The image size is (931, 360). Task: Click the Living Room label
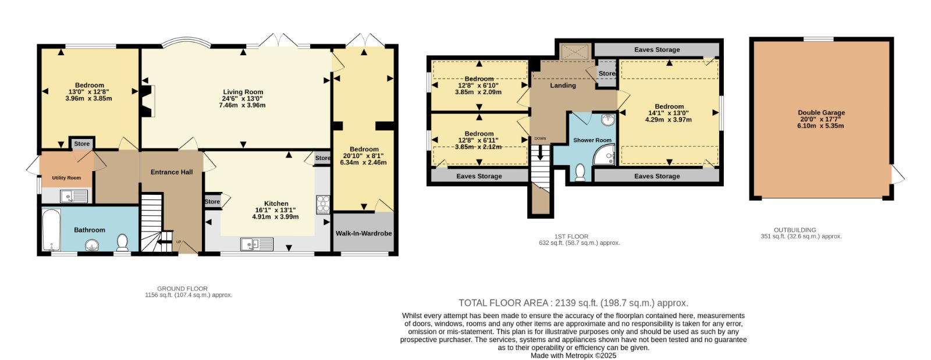pos(243,92)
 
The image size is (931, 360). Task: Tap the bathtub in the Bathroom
pos(52,230)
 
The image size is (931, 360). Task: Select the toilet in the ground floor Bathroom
pos(122,243)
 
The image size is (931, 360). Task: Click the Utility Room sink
pos(74,196)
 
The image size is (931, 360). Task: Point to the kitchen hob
pos(323,205)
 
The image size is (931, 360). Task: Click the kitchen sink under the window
pos(257,244)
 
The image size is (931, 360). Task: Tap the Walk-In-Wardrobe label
pos(364,233)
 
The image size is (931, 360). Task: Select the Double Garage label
pos(821,112)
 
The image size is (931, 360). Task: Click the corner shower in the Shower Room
pos(604,155)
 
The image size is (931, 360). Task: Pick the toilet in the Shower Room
pos(580,172)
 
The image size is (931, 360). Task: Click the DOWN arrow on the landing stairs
pos(541,152)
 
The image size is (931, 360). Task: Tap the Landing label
pos(563,85)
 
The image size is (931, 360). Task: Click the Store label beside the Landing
pos(607,73)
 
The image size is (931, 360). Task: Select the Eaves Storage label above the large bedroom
pos(657,50)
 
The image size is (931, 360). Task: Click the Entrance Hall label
pos(172,172)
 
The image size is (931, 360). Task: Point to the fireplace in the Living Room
pos(148,101)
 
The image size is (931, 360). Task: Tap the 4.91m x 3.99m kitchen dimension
pos(276,217)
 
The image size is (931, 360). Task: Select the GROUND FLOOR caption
pos(183,288)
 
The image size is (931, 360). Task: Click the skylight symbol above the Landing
pos(574,52)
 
